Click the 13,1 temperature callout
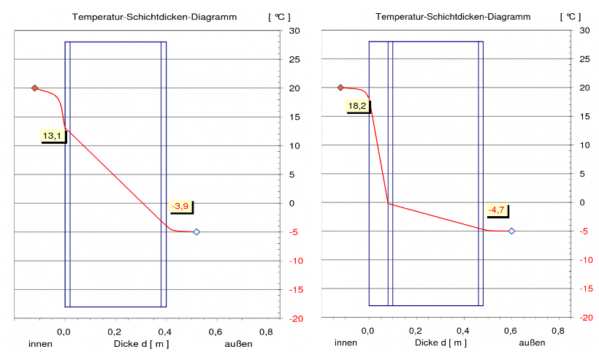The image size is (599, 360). tap(53, 135)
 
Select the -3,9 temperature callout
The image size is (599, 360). tap(180, 207)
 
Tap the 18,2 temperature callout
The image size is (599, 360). tap(357, 106)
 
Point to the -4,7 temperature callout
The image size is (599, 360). tap(497, 210)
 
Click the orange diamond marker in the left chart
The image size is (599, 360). tap(34, 88)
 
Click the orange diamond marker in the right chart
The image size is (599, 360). tap(340, 88)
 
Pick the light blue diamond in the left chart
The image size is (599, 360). tap(197, 231)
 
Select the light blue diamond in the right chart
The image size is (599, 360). tap(511, 231)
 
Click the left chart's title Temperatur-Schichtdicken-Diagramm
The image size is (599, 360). tap(154, 16)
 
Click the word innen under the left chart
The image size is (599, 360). tap(41, 343)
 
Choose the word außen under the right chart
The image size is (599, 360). tap(532, 343)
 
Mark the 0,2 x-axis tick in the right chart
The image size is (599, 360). tap(416, 332)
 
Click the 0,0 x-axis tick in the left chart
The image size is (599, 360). tap(65, 332)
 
